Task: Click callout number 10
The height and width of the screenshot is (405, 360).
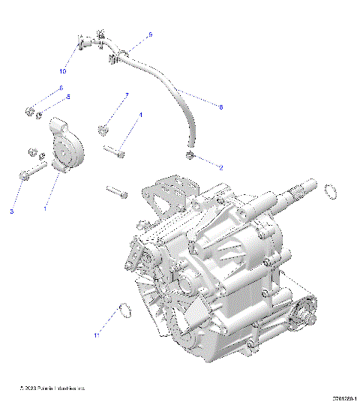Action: pos(62,71)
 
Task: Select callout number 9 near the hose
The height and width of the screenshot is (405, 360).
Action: pos(149,34)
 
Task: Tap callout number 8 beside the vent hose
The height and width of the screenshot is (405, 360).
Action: pos(220,107)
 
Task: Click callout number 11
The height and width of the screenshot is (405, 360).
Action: pos(97,336)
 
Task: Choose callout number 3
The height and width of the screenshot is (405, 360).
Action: pos(12,212)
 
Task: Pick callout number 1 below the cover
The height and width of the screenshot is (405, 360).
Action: pos(45,209)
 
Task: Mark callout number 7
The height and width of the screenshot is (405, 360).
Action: pos(127,95)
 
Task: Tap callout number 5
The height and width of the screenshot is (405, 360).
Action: pos(68,97)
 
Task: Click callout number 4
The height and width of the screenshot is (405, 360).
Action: pos(141,115)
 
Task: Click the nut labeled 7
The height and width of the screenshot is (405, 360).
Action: pos(103,128)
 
